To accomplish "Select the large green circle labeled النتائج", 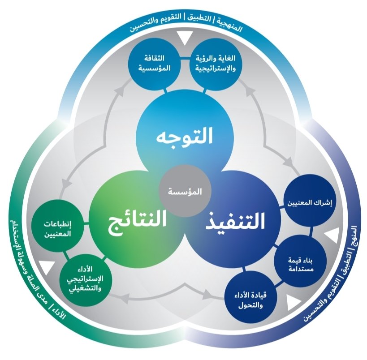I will pos(134,219).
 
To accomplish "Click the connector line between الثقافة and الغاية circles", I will pos(184,58).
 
